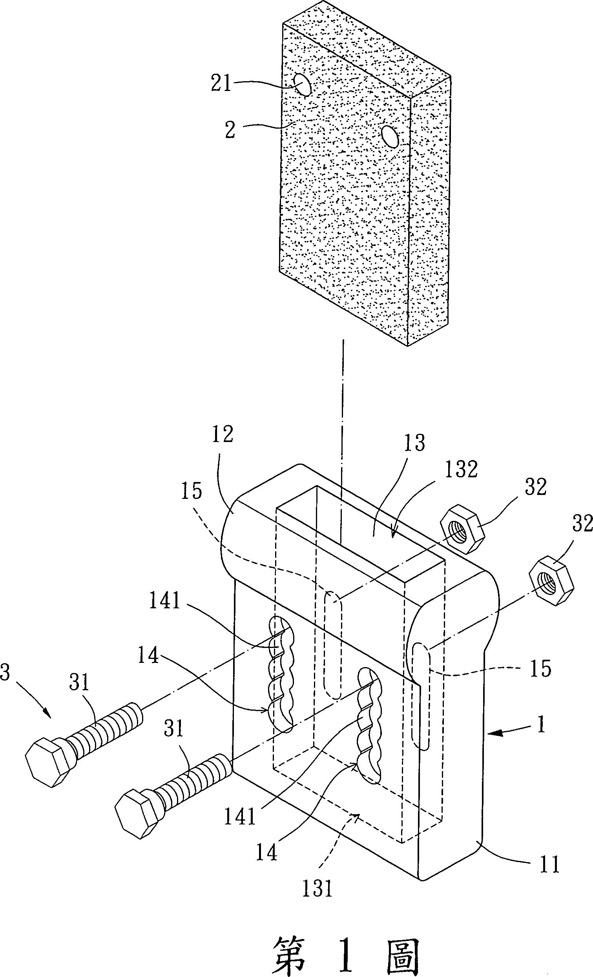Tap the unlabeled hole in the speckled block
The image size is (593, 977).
click(391, 137)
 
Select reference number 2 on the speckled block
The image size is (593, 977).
click(230, 130)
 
